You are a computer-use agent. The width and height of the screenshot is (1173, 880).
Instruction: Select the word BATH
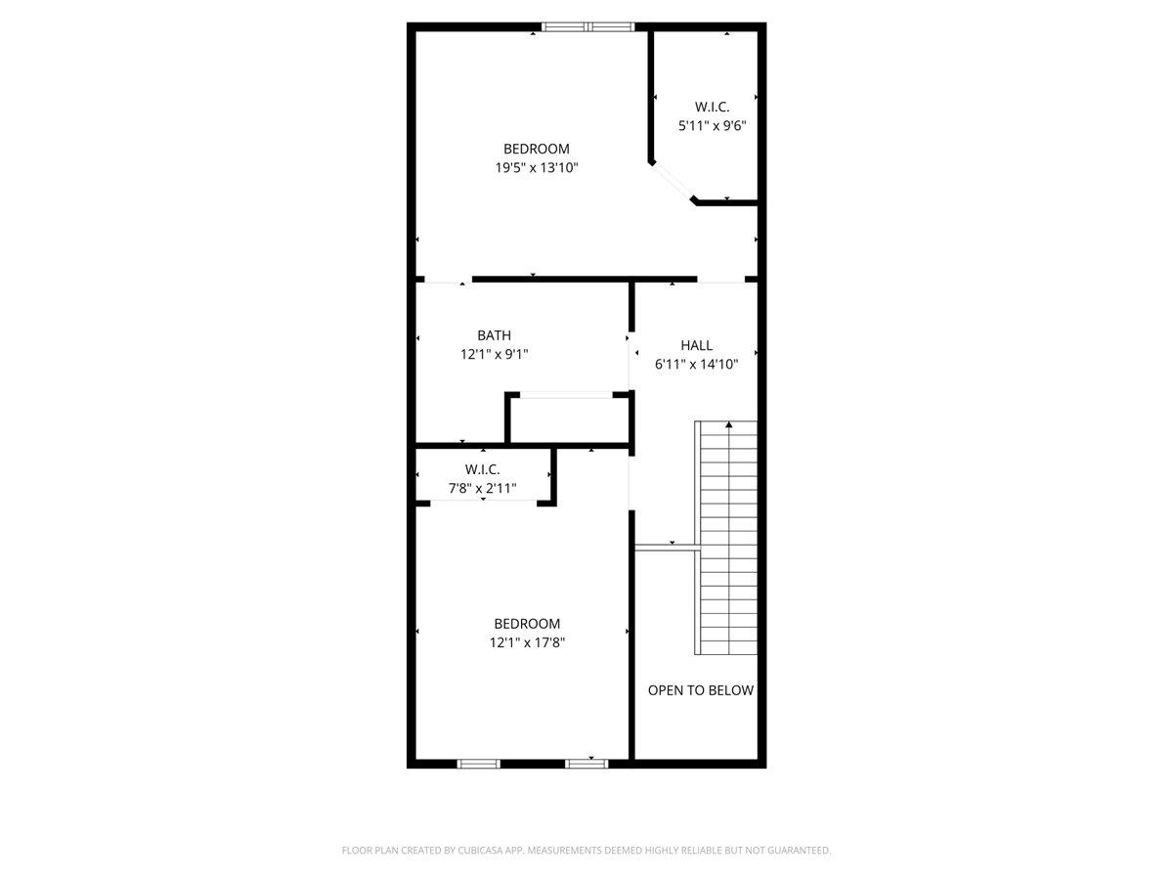pyautogui.click(x=494, y=335)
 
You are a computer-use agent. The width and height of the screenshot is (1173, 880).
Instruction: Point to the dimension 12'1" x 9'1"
pyautogui.click(x=494, y=355)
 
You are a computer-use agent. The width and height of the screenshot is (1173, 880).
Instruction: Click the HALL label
pyautogui.click(x=696, y=345)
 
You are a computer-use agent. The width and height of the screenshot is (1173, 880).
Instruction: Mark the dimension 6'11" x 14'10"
pyautogui.click(x=696, y=364)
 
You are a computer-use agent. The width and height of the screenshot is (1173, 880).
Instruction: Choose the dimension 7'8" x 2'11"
pyautogui.click(x=482, y=488)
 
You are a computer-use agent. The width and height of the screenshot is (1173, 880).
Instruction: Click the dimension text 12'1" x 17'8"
pyautogui.click(x=527, y=642)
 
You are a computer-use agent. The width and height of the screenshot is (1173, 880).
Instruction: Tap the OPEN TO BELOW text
pyautogui.click(x=701, y=690)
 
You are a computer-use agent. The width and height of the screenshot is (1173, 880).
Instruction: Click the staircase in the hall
pyautogui.click(x=727, y=538)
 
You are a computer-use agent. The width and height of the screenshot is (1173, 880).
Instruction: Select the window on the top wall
pyautogui.click(x=588, y=27)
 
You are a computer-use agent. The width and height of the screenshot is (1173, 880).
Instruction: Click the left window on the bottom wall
pyautogui.click(x=479, y=763)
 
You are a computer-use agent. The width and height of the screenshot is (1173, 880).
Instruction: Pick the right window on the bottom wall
pyautogui.click(x=586, y=763)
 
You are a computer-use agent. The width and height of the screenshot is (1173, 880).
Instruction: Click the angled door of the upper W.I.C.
pyautogui.click(x=672, y=182)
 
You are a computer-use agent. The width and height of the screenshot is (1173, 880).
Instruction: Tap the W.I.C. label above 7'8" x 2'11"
pyautogui.click(x=482, y=469)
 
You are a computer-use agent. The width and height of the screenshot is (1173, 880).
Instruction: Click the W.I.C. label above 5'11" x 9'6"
pyautogui.click(x=712, y=106)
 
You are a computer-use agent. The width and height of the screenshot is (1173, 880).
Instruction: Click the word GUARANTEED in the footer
pyautogui.click(x=792, y=851)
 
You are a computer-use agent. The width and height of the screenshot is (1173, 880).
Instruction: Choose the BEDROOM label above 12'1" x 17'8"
pyautogui.click(x=527, y=624)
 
